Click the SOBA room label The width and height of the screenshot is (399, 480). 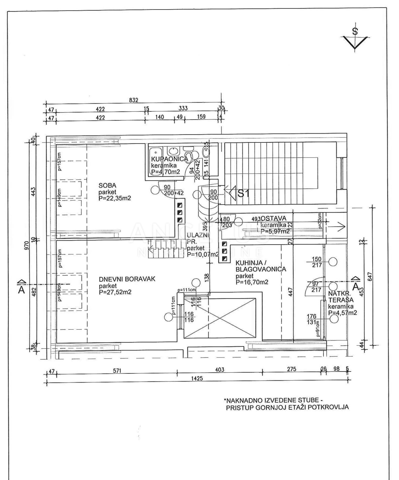click(107, 186)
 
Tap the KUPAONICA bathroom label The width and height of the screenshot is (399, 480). click(169, 159)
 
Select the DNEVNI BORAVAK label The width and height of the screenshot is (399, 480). click(127, 279)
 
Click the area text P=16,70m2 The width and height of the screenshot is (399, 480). click(252, 282)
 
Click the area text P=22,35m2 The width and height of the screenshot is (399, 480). click(115, 198)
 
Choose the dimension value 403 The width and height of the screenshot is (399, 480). click(220, 369)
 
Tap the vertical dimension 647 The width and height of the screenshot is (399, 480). click(371, 276)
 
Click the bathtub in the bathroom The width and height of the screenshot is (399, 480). click(155, 155)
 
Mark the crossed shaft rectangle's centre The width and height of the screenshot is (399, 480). click(220, 318)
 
